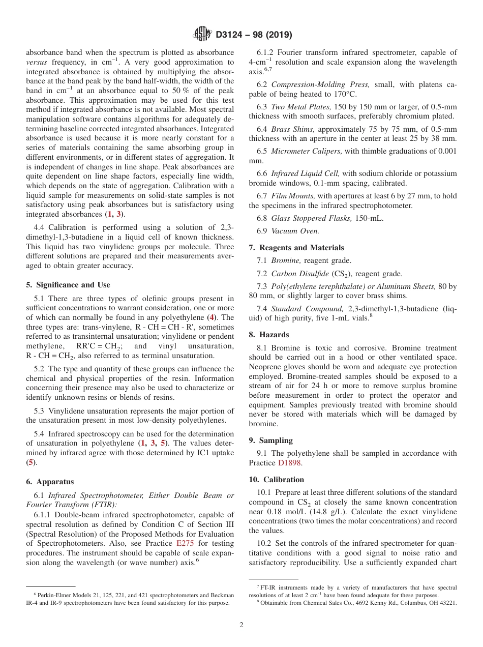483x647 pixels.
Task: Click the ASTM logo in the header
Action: [202, 35]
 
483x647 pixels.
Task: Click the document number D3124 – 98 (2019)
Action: [254, 35]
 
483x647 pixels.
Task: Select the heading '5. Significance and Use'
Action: [68, 285]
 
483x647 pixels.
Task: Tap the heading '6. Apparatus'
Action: [49, 482]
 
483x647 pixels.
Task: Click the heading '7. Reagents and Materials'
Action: [296, 248]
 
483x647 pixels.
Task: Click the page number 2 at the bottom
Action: [242, 625]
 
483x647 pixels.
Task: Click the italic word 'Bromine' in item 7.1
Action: [286, 260]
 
